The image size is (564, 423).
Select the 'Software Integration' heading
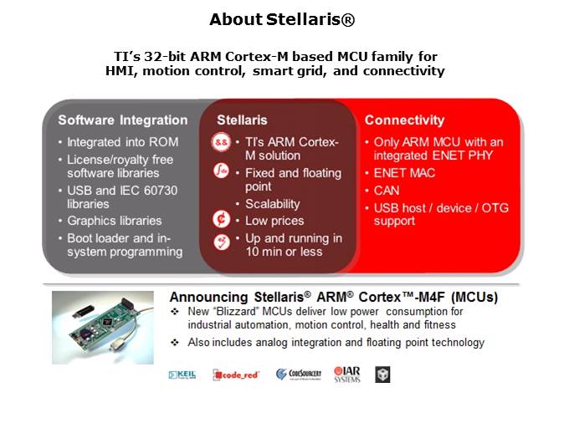click(x=122, y=120)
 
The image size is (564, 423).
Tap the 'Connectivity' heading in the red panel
click(x=404, y=120)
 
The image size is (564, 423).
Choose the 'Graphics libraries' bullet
click(x=115, y=221)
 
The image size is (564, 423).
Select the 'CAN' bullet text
click(x=387, y=191)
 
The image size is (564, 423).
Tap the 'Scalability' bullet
click(x=272, y=204)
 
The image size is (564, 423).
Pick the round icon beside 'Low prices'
click(x=223, y=221)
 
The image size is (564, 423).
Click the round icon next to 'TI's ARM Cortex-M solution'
click(x=223, y=143)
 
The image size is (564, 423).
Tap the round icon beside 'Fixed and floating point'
click(x=223, y=173)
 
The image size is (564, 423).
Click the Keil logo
click(x=182, y=375)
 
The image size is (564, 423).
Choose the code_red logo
click(x=236, y=375)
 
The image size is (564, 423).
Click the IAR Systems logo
click(x=346, y=374)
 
